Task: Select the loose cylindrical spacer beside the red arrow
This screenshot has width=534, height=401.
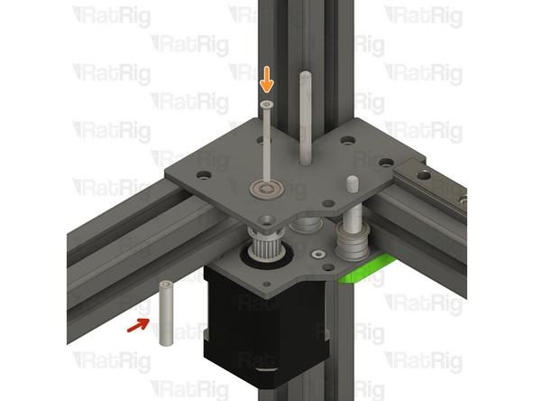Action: click(x=167, y=313)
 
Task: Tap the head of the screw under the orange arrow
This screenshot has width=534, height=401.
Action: click(x=266, y=106)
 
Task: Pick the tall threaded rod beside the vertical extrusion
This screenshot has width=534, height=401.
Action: click(x=307, y=117)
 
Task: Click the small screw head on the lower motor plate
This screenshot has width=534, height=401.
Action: click(x=317, y=255)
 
